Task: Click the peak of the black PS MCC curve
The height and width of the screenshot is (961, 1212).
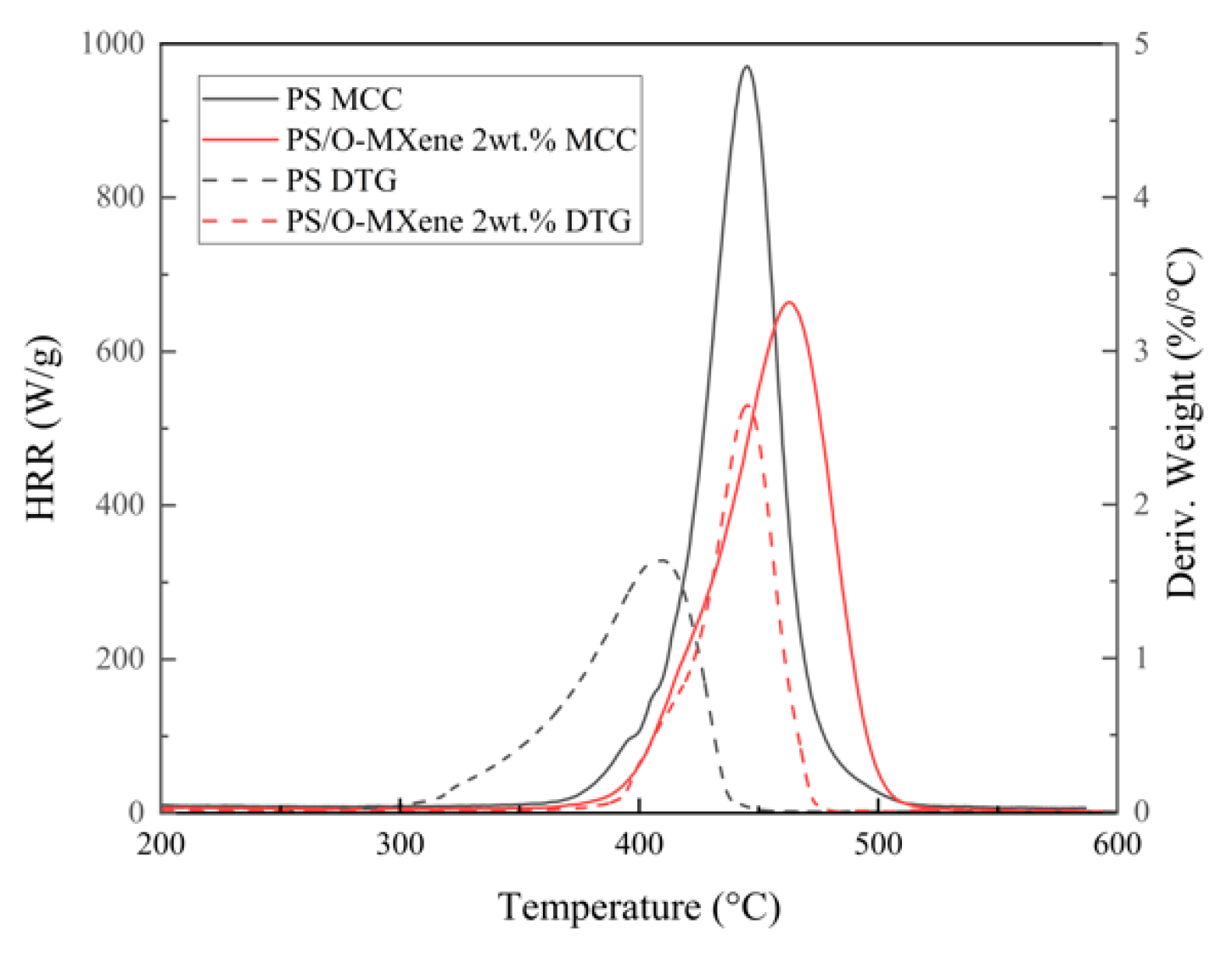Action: point(747,67)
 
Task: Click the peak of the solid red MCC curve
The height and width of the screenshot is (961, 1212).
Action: point(789,302)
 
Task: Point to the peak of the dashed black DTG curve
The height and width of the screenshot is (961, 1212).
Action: point(661,560)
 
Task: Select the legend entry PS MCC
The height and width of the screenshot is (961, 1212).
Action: point(344,99)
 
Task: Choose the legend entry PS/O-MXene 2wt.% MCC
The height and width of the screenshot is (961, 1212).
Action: point(461,140)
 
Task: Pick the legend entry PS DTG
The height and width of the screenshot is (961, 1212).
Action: point(341,181)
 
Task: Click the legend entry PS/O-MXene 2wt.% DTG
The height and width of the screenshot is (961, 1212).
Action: point(459,222)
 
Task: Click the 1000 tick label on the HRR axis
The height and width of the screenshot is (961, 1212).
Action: point(113,44)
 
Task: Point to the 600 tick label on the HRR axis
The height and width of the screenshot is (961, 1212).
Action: point(120,351)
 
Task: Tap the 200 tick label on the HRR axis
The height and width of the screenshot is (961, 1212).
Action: point(120,659)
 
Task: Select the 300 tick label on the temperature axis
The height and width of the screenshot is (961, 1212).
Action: point(400,845)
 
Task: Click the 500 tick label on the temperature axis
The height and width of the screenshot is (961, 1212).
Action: point(878,845)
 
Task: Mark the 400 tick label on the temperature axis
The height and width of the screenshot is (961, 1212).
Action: point(639,845)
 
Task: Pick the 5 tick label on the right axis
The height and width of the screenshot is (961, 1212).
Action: point(1141,44)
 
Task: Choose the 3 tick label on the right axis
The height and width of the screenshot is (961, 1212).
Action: point(1141,351)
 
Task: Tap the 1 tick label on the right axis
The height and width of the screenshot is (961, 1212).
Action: point(1141,659)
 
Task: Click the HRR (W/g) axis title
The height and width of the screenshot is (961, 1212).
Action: point(42,428)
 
